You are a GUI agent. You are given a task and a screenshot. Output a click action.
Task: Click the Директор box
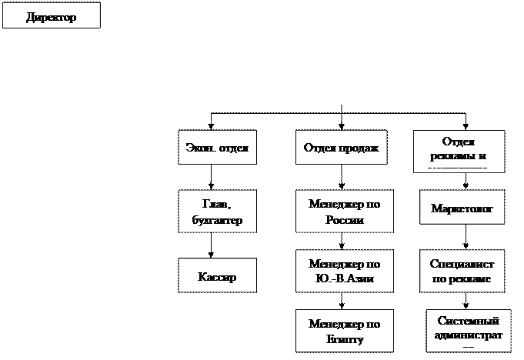[x=51, y=16]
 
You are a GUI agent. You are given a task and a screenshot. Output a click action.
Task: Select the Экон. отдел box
[x=216, y=147]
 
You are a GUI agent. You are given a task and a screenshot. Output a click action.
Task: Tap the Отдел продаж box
[x=342, y=147]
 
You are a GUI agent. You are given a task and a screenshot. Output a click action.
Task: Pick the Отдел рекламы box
[x=459, y=150]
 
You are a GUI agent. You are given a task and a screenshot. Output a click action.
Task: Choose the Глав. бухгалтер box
[x=216, y=211]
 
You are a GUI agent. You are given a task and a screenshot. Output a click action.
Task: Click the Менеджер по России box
[x=344, y=211]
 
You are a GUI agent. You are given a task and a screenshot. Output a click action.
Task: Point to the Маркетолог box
[x=462, y=208]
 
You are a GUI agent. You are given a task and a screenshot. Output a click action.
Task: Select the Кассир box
[x=216, y=276]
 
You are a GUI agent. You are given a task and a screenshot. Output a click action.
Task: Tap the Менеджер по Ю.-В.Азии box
[x=344, y=270]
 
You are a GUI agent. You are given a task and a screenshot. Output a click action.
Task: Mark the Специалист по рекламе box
[x=462, y=270]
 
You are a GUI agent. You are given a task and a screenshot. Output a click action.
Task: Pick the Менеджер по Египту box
[x=344, y=331]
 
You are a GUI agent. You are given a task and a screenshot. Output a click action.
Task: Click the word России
[x=344, y=220]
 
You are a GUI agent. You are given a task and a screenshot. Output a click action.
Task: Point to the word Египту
[x=344, y=339]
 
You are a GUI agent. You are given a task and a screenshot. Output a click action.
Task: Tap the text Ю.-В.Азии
[x=344, y=278]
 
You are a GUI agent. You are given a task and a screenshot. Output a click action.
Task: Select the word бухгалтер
[x=216, y=221]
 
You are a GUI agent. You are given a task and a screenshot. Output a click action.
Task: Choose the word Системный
[x=468, y=321]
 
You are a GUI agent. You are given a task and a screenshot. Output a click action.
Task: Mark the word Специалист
[x=462, y=263]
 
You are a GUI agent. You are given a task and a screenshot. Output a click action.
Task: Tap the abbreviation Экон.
[x=199, y=147]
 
